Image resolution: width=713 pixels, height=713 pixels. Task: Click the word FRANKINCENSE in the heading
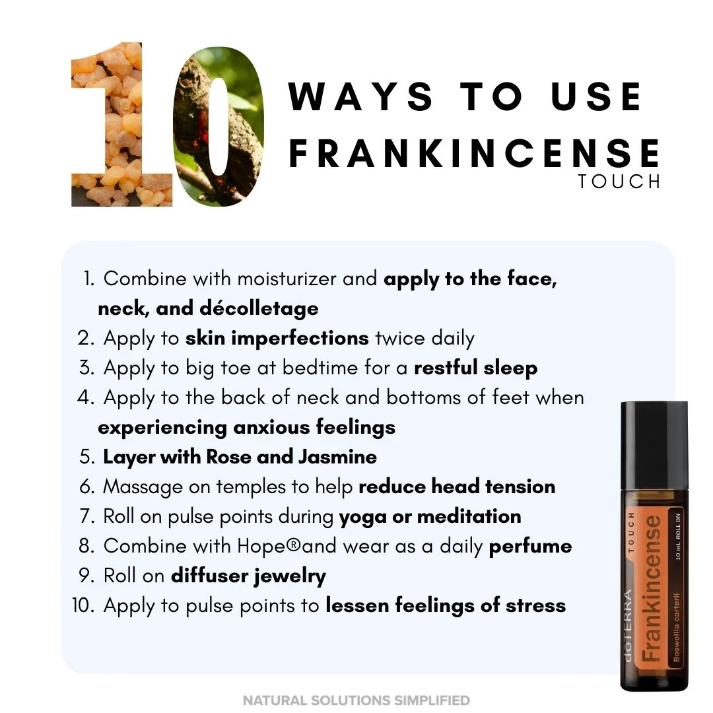474,153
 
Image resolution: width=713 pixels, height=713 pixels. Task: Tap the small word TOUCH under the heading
619,182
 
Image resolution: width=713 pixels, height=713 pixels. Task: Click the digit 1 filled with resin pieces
122,125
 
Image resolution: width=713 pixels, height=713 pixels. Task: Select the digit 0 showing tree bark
219,126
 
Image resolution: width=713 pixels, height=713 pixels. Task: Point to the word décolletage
259,308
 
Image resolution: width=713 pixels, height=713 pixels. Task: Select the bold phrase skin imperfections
277,339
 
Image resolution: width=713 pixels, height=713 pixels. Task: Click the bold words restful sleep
475,368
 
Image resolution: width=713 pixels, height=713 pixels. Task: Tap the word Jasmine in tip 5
337,457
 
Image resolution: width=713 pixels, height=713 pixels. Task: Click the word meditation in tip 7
469,516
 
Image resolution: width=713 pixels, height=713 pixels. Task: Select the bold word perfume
530,547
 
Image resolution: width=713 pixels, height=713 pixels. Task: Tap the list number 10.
83,605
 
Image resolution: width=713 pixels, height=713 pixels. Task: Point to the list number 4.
86,397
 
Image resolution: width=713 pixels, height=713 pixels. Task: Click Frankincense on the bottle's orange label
651,589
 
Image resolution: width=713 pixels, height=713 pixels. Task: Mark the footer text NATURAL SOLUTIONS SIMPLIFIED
356,700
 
